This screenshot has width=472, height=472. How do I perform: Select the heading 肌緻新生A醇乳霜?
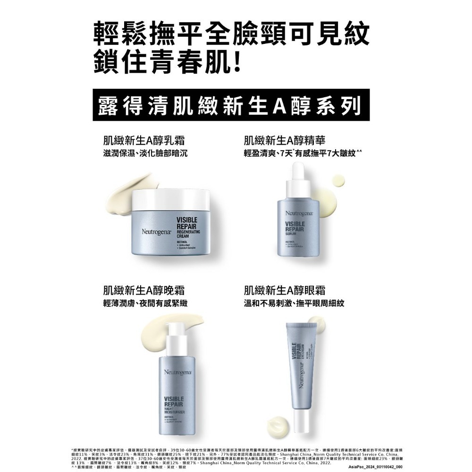click(x=143, y=140)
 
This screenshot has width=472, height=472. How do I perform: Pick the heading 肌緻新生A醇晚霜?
click(x=143, y=290)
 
